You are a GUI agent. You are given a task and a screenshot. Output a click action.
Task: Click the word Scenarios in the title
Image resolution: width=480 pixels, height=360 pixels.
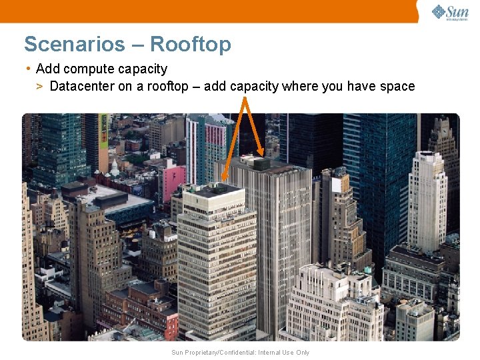click(74, 45)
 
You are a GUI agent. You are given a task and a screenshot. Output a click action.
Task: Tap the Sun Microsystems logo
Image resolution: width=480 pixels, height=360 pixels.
click(449, 12)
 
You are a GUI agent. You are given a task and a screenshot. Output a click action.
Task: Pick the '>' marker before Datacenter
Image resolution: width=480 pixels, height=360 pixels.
click(40, 87)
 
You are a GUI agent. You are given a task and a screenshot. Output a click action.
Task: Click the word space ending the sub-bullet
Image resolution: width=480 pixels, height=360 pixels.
click(397, 87)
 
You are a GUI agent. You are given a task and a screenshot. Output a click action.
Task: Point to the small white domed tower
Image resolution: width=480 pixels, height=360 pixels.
click(115, 166)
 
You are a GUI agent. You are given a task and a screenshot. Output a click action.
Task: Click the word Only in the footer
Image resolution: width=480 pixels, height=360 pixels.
click(302, 353)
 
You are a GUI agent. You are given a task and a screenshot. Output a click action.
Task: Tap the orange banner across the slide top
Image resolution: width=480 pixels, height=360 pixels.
click(207, 11)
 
